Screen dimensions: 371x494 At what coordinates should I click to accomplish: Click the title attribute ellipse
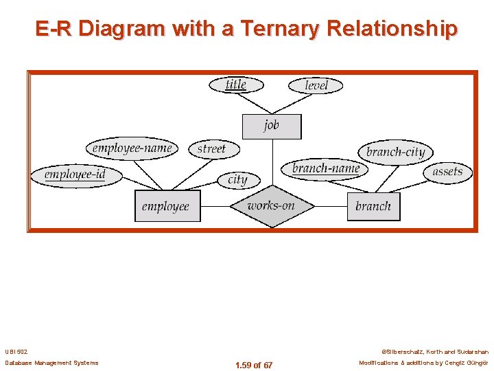(235, 85)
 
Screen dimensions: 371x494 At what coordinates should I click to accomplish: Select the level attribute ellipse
(316, 85)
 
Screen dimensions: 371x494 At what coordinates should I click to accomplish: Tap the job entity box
(272, 126)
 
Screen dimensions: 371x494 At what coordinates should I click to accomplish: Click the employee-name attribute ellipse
(132, 148)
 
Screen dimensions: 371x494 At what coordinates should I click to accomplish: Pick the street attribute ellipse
(211, 148)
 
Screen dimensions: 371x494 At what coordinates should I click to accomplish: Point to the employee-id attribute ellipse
(75, 175)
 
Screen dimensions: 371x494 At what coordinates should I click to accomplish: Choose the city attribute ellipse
(237, 179)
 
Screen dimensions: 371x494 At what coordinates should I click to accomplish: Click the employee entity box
(166, 206)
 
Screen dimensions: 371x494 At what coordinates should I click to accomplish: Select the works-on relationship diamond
(271, 205)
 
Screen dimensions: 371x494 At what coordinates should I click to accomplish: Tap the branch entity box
(373, 206)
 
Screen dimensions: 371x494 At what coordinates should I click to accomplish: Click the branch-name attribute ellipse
(325, 168)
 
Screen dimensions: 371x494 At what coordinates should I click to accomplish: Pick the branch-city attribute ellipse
(395, 152)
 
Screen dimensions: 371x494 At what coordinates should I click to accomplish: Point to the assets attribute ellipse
(447, 172)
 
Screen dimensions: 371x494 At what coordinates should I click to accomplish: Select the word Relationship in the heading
(392, 29)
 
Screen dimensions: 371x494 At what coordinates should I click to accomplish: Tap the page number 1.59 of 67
(253, 365)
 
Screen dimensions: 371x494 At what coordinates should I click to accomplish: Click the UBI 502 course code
(15, 351)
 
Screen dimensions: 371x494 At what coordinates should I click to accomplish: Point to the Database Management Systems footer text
(51, 363)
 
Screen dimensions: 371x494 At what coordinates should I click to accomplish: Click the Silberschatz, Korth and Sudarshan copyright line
(435, 351)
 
